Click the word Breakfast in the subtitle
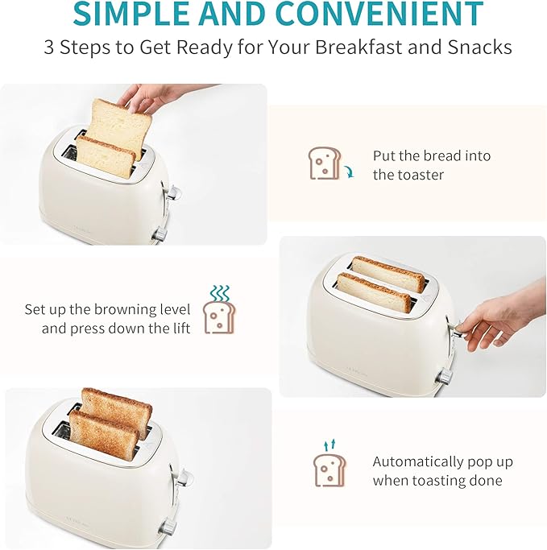[x=358, y=47]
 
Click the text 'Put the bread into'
[x=431, y=155]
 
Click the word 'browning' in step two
[x=129, y=309]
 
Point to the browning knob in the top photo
[x=160, y=234]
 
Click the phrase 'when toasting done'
[x=437, y=481]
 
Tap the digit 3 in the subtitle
[x=49, y=47]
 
